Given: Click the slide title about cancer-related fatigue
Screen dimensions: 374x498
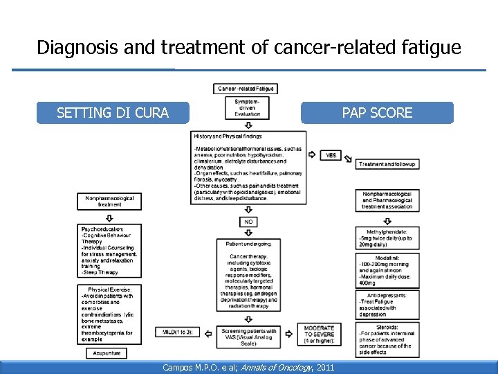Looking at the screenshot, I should (248, 47).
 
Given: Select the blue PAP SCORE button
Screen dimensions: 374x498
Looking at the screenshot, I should (377, 112).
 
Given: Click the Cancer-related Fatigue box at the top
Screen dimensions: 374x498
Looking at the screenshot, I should (246, 89).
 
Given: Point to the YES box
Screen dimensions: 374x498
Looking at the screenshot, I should (331, 155).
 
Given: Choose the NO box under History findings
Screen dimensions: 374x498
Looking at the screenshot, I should (248, 222).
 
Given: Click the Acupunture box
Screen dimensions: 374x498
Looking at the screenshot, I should (106, 353).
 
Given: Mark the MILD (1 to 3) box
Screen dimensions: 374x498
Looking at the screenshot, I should (178, 332).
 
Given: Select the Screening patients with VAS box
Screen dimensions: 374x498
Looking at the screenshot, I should (248, 337).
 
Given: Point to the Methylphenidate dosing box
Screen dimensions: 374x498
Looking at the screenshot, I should (387, 238).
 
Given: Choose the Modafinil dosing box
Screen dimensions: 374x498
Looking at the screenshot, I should (387, 270).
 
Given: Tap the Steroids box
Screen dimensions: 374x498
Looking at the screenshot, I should (387, 339).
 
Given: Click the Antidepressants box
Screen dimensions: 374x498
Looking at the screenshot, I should (387, 304).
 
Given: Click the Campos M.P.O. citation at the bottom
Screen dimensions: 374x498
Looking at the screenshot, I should (248, 366).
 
